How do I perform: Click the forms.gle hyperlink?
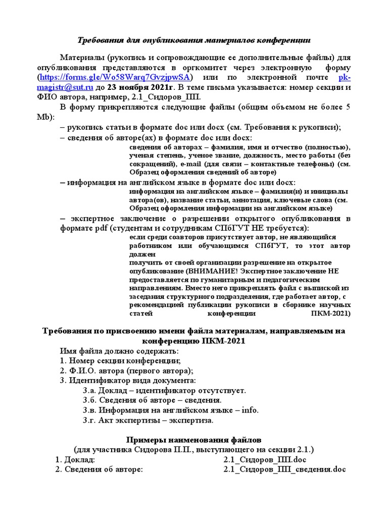tap(116, 77)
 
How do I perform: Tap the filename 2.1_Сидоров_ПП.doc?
tap(265, 460)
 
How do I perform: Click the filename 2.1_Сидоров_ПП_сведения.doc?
tap(284, 470)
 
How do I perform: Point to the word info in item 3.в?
tap(250, 410)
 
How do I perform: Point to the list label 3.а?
tap(89, 390)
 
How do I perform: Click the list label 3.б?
tap(89, 400)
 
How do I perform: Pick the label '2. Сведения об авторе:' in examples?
tap(99, 470)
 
